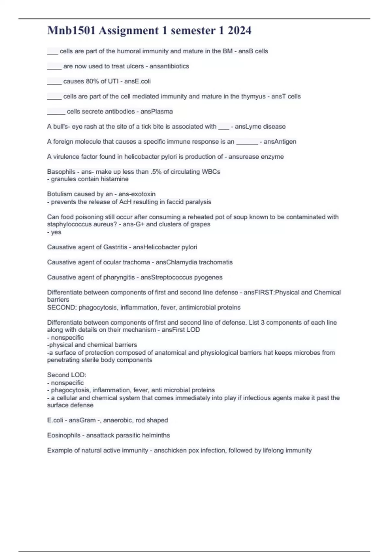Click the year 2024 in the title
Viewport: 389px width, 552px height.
239,31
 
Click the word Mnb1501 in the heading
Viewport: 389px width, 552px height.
71,31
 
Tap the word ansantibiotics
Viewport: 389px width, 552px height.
169,66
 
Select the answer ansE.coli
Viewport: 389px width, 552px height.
137,81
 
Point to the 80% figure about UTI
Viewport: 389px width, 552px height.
92,81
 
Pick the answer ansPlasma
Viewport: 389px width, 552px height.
157,111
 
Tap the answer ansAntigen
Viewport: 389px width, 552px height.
280,142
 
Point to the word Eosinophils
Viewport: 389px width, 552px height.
64,435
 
